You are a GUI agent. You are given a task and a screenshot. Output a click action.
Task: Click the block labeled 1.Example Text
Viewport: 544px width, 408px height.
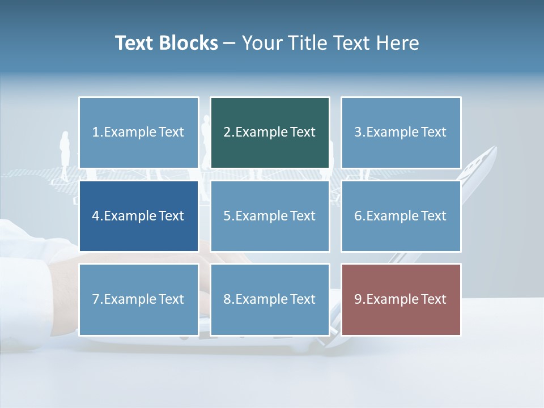point(139,133)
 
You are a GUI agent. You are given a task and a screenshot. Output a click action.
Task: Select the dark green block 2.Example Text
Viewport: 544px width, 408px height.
point(270,133)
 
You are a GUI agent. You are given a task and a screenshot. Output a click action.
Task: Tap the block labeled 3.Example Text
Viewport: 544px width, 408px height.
point(401,133)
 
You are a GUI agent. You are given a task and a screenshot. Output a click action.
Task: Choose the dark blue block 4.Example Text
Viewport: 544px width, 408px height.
point(139,216)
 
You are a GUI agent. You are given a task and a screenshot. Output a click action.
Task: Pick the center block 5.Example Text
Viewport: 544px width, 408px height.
point(270,216)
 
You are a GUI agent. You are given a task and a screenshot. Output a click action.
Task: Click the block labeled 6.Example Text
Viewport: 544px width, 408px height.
point(401,216)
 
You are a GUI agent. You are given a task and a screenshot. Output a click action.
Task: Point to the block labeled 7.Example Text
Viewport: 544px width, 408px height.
point(139,299)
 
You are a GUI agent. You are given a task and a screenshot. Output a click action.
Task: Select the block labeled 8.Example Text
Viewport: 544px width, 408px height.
point(270,299)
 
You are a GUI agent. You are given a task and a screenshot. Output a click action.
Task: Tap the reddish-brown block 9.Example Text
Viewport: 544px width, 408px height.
point(401,299)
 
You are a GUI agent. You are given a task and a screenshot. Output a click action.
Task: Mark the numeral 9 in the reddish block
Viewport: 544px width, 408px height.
point(358,299)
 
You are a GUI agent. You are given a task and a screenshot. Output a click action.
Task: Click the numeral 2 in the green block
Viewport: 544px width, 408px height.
point(227,133)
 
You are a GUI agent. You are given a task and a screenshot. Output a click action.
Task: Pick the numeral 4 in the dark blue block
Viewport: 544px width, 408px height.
point(96,216)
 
